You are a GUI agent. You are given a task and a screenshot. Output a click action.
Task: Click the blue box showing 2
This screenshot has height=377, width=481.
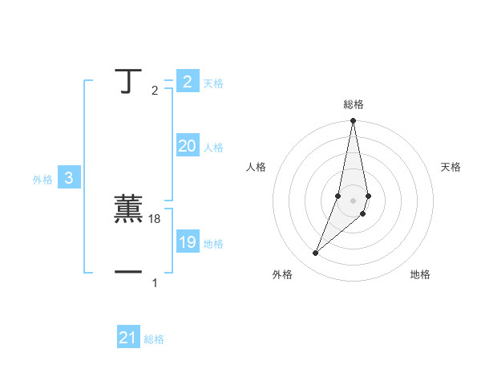pyautogui.click(x=187, y=82)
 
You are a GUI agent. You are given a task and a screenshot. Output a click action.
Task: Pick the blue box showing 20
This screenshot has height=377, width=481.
pyautogui.click(x=187, y=146)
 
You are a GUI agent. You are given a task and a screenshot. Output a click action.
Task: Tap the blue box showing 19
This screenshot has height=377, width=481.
pyautogui.click(x=187, y=242)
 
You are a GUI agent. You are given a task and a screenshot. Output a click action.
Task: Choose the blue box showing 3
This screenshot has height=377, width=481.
pyautogui.click(x=69, y=179)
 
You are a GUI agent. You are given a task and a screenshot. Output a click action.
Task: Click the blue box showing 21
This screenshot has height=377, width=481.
pyautogui.click(x=127, y=338)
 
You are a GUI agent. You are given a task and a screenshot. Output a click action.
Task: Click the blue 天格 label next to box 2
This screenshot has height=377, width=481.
pyautogui.click(x=213, y=83)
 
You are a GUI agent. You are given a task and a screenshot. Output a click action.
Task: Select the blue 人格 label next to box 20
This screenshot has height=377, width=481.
pyautogui.click(x=213, y=148)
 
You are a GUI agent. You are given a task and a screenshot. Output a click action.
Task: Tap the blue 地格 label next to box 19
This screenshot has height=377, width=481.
pyautogui.click(x=213, y=244)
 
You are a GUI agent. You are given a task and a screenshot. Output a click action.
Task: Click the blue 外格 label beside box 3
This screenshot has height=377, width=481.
pyautogui.click(x=42, y=180)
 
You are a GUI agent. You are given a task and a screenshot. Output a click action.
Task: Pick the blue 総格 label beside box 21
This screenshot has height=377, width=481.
pyautogui.click(x=154, y=339)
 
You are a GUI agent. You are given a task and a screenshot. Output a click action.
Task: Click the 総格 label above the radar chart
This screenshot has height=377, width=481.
pyautogui.click(x=354, y=104)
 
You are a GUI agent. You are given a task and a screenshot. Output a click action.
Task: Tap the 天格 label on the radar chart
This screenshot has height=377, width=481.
pyautogui.click(x=451, y=167)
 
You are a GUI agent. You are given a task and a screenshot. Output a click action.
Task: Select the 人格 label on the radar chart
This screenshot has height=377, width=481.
pyautogui.click(x=256, y=167)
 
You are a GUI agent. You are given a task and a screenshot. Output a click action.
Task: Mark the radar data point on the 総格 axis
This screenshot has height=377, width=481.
pyautogui.click(x=354, y=121)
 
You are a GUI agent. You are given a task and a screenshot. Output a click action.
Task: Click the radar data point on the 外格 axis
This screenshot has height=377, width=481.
pyautogui.click(x=316, y=253)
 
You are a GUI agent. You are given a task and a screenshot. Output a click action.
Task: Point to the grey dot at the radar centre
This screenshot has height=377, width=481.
pyautogui.click(x=354, y=200)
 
